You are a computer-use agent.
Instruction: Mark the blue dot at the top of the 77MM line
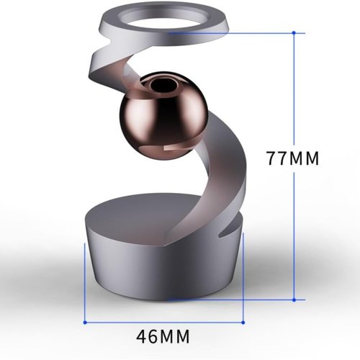click(x=294, y=32)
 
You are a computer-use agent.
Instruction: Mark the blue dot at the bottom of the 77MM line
click(x=294, y=298)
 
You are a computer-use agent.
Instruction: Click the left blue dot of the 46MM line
click(x=86, y=321)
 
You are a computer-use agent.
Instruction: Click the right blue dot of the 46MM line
click(x=243, y=321)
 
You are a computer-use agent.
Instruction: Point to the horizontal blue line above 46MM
click(x=164, y=321)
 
